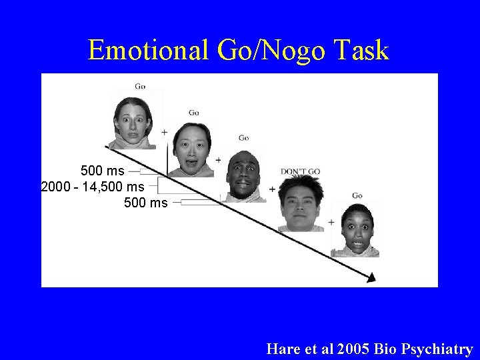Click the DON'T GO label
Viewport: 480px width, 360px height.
[x=300, y=171]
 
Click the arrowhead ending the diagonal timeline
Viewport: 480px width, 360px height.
[x=370, y=277]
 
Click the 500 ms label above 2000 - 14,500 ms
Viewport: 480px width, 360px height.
[x=102, y=171]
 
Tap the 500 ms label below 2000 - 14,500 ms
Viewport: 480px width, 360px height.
[x=146, y=202]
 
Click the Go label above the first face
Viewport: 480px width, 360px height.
[x=140, y=86]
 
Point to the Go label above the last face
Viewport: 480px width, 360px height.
[x=357, y=195]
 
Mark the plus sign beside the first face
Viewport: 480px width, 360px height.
[x=164, y=133]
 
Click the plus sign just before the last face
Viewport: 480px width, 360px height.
[x=331, y=222]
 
